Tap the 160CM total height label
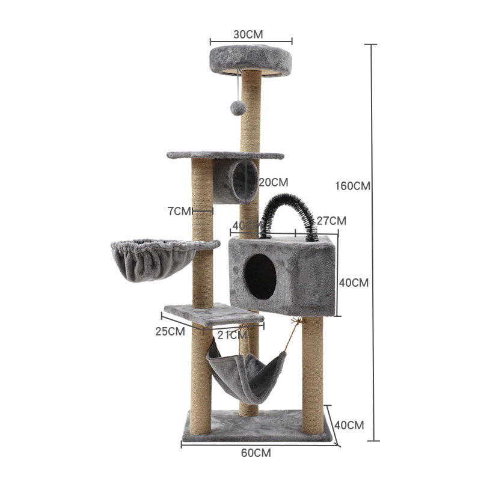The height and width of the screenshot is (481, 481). (352, 186)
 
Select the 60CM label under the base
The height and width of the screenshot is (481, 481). (256, 453)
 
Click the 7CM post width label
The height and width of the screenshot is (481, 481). (179, 211)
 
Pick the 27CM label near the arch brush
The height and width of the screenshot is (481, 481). (331, 221)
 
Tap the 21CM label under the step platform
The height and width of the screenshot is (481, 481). (229, 335)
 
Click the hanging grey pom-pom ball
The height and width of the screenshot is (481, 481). (239, 108)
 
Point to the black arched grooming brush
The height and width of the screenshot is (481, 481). (287, 213)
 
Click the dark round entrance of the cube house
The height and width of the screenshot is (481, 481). (260, 276)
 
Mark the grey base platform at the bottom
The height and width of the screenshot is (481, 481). (259, 427)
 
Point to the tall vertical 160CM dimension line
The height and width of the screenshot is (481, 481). (373, 240)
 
